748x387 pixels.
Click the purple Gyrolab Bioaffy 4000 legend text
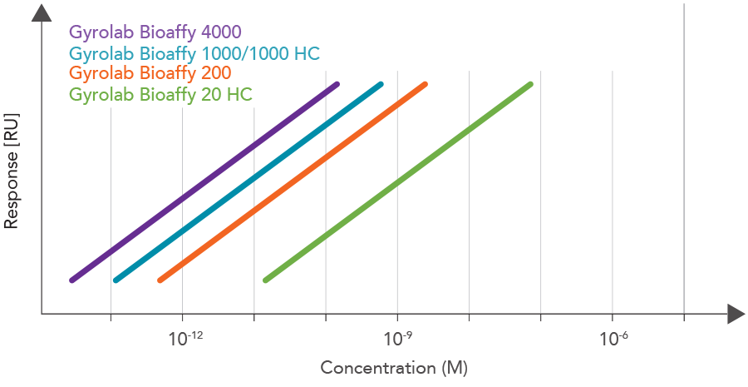click(x=155, y=32)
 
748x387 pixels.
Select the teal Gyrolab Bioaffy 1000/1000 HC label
click(x=194, y=53)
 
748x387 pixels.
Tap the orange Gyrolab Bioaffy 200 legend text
click(x=150, y=73)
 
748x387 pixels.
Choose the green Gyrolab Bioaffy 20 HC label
click(x=160, y=94)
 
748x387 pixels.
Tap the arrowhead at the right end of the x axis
click(x=734, y=315)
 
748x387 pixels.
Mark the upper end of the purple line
click(x=337, y=84)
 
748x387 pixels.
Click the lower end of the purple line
click(x=72, y=280)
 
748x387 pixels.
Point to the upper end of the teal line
click(x=381, y=84)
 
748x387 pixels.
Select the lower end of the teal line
click(x=116, y=280)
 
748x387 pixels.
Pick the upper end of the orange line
click(x=425, y=84)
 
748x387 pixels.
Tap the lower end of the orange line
click(x=160, y=280)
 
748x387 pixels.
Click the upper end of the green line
click(x=529, y=84)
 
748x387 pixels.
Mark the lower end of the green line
click(x=265, y=280)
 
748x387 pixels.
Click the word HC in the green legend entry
click(x=239, y=94)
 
